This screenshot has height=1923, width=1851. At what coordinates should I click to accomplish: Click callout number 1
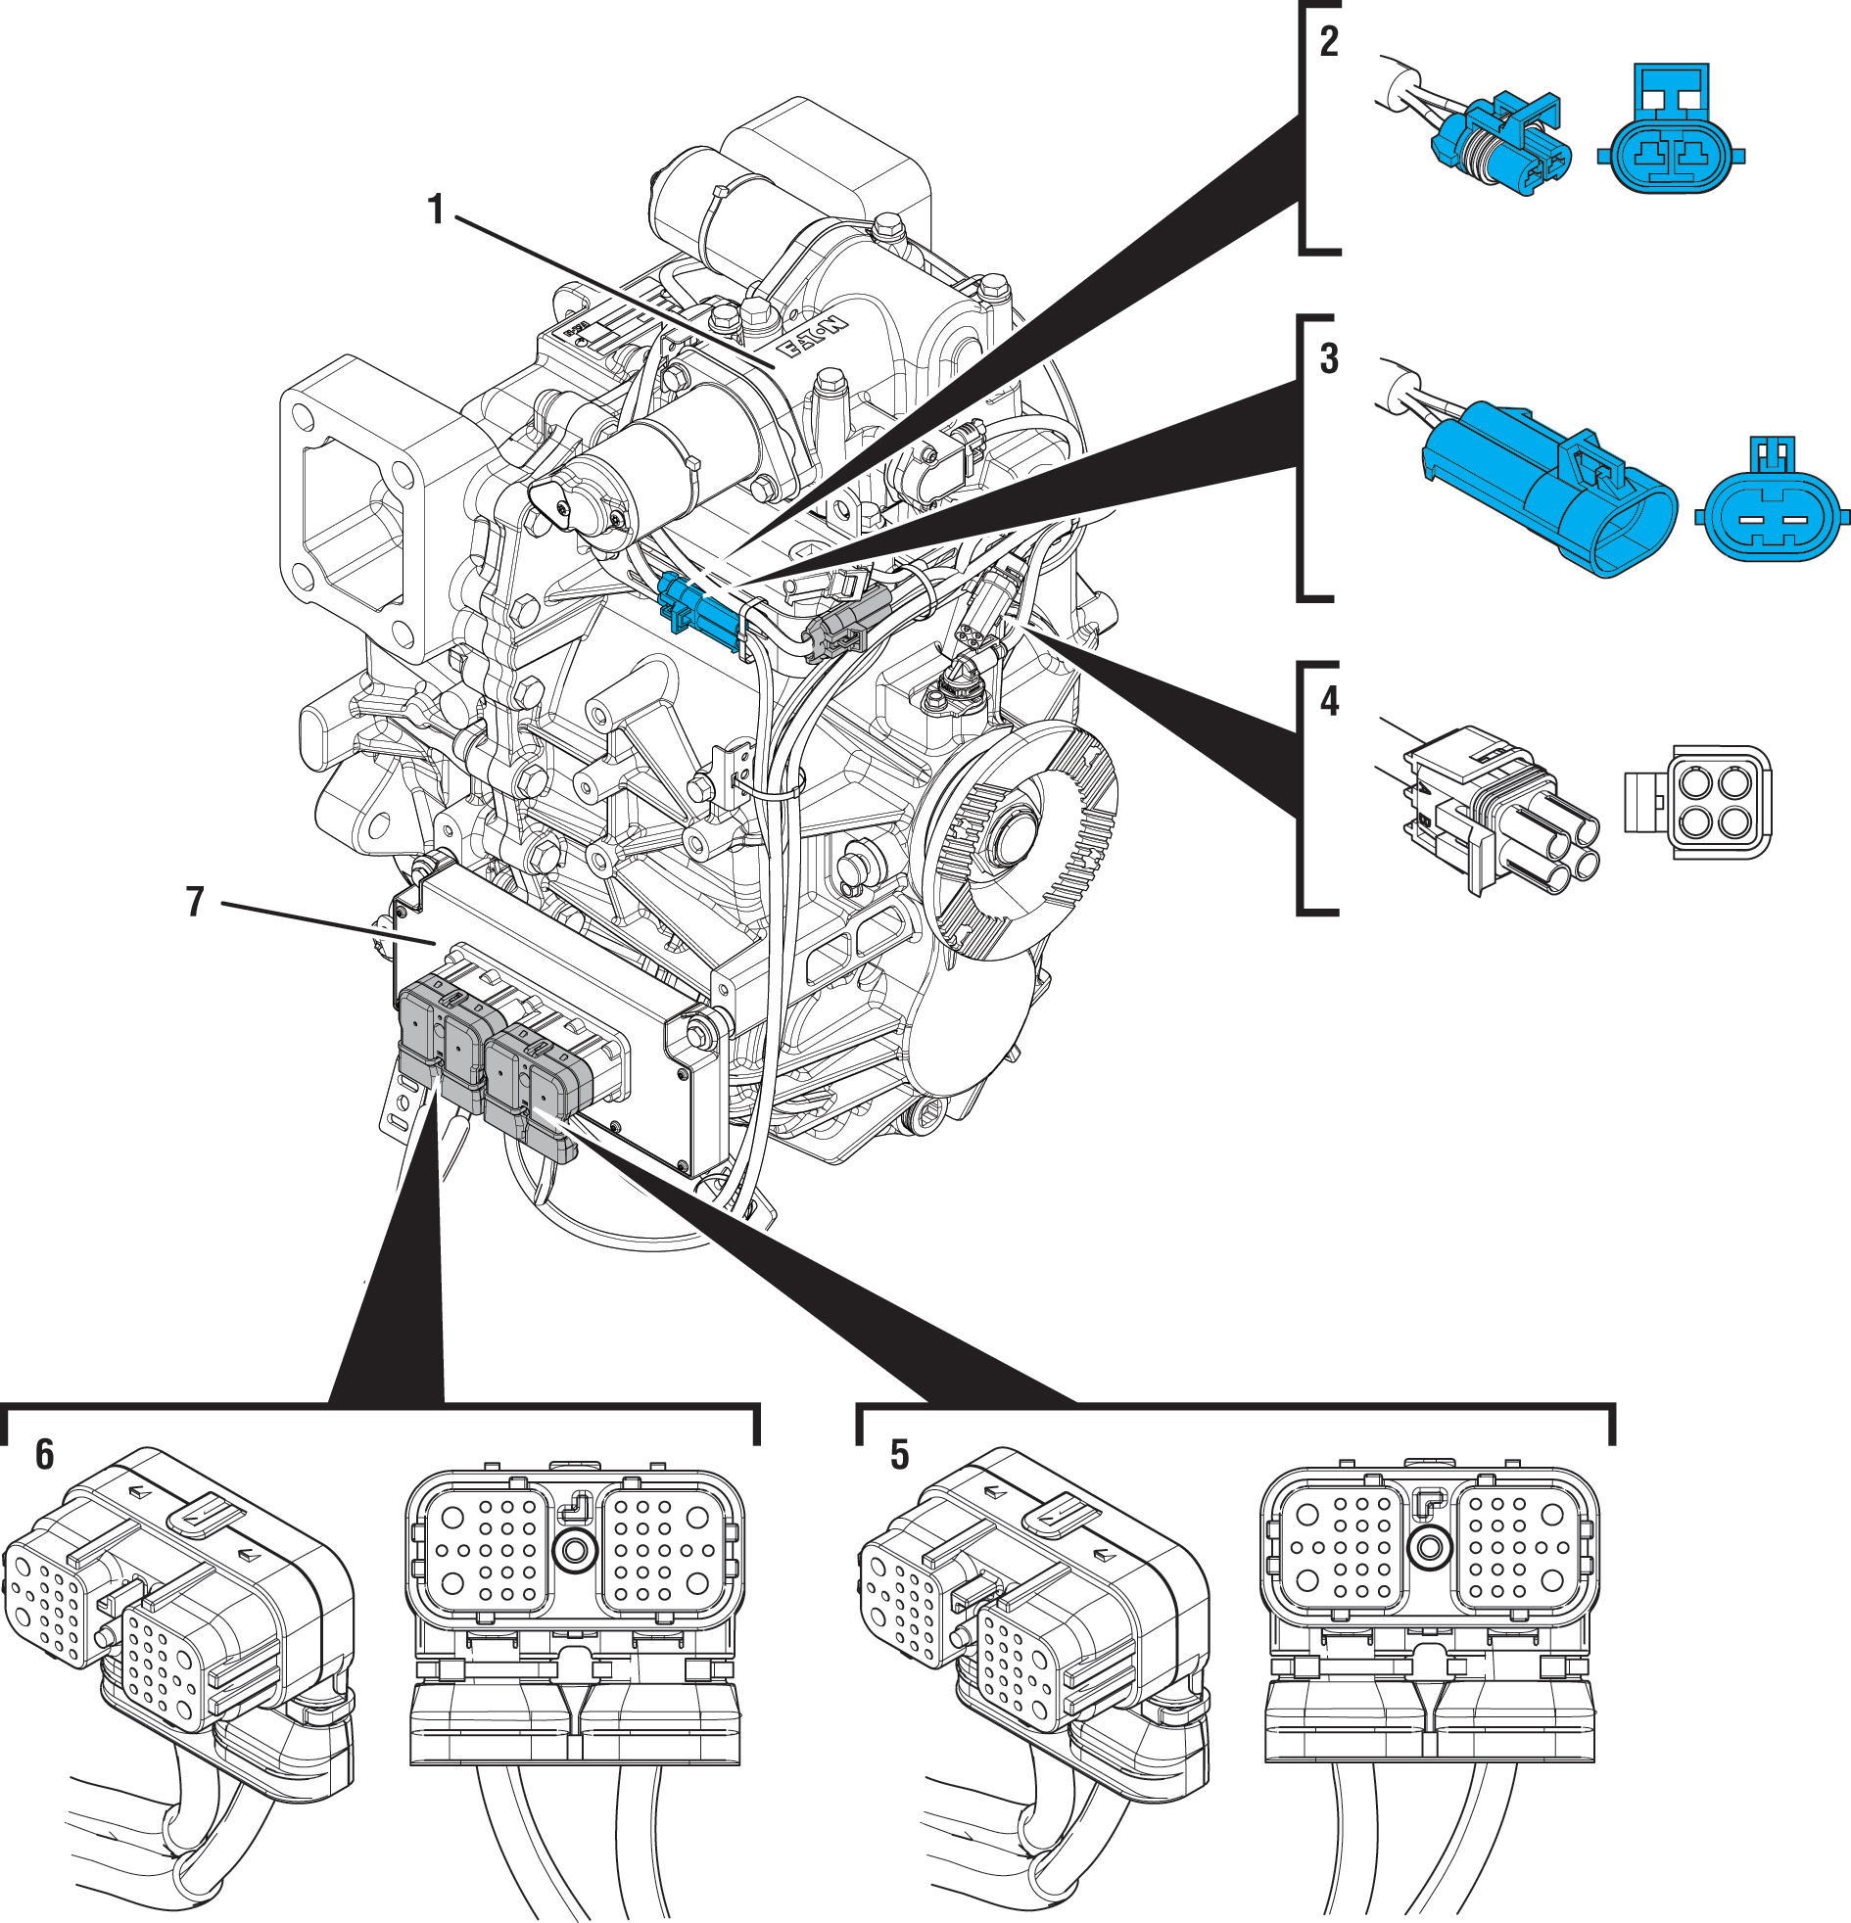pos(436,210)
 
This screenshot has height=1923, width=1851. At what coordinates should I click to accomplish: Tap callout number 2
pos(1329,41)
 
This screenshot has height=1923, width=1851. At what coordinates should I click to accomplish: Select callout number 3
pos(1329,359)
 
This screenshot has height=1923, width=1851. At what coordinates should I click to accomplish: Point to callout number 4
pos(1329,700)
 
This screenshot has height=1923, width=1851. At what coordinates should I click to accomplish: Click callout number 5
pos(899,1455)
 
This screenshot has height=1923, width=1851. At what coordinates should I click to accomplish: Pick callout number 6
pos(44,1455)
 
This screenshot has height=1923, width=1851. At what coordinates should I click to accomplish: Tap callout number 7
pos(195,902)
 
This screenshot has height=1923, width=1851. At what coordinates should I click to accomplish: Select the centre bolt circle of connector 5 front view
pos(1429,1548)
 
